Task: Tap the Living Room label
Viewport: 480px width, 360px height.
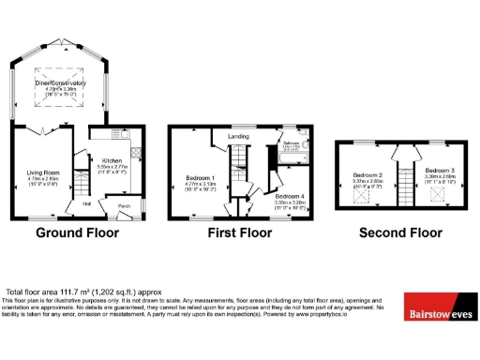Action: click(x=43, y=172)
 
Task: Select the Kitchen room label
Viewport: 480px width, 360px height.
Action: click(x=113, y=160)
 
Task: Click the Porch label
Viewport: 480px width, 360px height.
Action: click(x=124, y=204)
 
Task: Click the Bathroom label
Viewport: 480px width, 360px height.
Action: click(x=292, y=143)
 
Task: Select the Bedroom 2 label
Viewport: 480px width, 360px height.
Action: click(x=367, y=175)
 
